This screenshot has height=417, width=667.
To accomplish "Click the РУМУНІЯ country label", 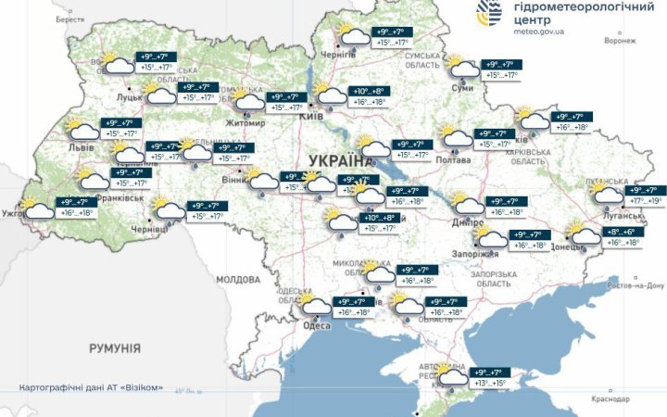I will coord(115,348).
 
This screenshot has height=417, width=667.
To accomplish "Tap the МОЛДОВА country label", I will coord(238,279).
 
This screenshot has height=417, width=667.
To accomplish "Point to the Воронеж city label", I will coord(620,41).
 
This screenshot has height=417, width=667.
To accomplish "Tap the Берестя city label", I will coord(69,19).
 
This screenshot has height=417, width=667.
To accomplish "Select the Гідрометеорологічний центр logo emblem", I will coord(490,13).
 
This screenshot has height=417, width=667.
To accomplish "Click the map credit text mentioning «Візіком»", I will coord(91,386).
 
